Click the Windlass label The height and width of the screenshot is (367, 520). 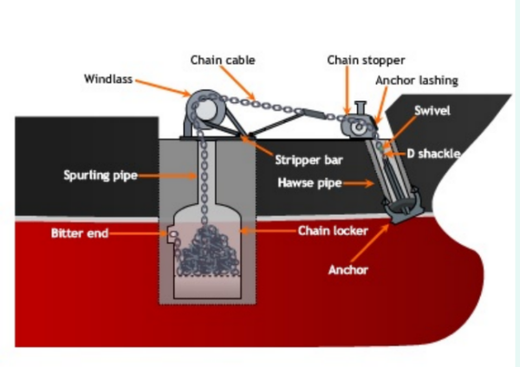click(108, 79)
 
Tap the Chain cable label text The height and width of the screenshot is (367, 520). click(222, 60)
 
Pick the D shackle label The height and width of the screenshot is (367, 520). click(433, 153)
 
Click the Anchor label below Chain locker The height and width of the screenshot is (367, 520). click(348, 270)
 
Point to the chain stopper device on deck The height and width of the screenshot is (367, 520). click(357, 126)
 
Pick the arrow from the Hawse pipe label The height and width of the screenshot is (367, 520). click(357, 183)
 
